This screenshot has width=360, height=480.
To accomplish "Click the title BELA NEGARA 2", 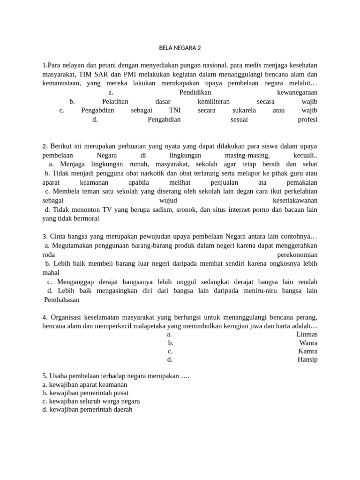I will pos(180,48).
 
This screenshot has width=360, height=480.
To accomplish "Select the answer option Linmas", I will pos(307,334).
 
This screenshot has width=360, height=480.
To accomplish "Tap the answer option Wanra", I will pos(308,343).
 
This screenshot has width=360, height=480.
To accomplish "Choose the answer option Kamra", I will pos(307,351).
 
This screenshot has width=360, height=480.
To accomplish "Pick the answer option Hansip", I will pos(307,360).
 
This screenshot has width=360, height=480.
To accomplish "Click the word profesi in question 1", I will pos(307,120).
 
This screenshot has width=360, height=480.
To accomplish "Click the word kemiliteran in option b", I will pos(214,101).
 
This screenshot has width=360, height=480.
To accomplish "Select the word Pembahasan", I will pos(62,300).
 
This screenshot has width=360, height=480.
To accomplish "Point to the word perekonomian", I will pos(297,255).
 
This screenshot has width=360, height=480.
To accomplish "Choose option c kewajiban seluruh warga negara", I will pos(91,401).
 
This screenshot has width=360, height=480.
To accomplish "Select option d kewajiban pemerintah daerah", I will pos(87,409).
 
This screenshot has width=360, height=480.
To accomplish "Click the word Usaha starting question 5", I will pos(59,376).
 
